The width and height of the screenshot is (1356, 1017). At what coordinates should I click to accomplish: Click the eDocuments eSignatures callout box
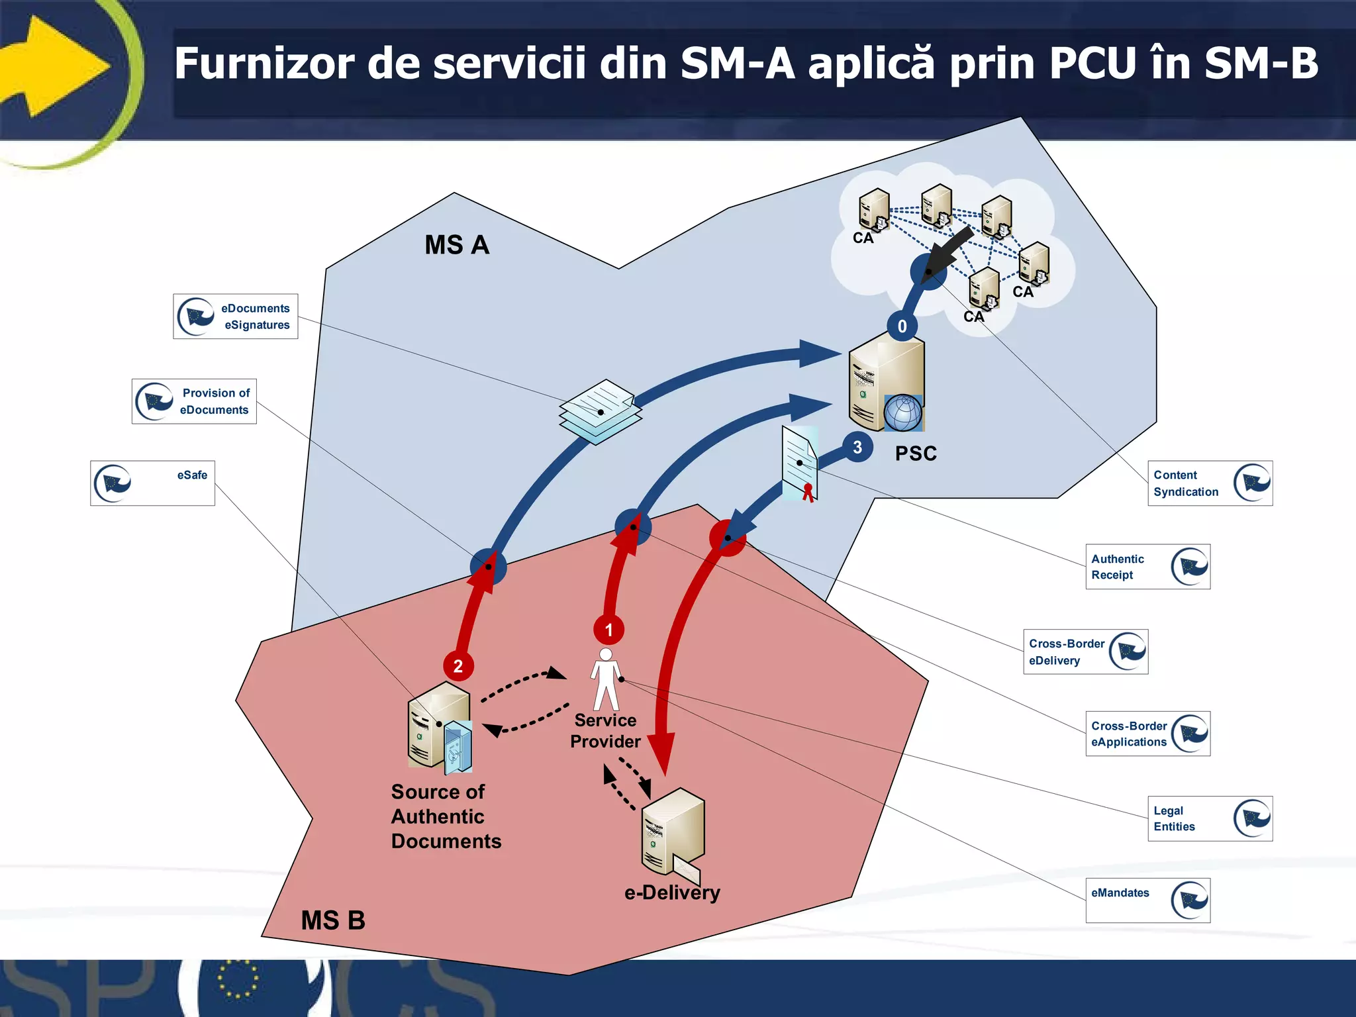235,316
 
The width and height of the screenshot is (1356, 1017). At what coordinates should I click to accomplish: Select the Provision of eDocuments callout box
194,401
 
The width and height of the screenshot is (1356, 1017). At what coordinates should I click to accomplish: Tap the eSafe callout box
152,483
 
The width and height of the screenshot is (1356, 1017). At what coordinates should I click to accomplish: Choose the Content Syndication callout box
1210,483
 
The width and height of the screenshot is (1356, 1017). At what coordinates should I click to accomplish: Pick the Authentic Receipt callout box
1147,567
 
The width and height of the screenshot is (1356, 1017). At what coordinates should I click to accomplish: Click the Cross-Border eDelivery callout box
1085,652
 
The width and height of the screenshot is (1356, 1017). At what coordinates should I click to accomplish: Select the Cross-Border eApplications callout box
1147,734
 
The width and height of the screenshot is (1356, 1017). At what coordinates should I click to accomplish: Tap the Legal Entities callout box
1210,818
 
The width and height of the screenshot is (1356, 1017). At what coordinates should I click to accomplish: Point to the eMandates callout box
1147,900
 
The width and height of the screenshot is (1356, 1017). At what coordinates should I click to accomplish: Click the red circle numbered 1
608,630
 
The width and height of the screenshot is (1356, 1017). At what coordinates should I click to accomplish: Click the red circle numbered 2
458,666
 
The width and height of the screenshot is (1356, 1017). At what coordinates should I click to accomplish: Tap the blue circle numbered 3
857,448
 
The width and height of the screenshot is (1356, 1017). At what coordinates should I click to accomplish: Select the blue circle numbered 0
902,326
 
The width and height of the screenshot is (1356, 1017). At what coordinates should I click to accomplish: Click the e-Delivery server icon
672,832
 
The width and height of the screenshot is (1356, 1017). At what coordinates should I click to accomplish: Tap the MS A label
457,245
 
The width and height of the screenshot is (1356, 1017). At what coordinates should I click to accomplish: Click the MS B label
333,920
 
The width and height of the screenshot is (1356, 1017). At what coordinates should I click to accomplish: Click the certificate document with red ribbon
800,463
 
